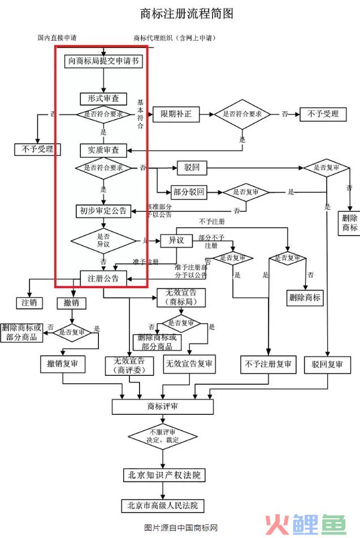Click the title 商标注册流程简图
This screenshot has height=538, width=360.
point(186,13)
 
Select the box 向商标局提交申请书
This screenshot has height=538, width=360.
point(103,61)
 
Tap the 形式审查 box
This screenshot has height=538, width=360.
point(103,98)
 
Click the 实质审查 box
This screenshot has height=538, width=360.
point(103,150)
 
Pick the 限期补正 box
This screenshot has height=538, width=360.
point(176,114)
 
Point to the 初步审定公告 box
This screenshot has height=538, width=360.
point(103,211)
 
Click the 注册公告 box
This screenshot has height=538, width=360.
point(103,278)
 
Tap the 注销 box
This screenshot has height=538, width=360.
point(29,302)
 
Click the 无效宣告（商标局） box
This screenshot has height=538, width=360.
point(181,298)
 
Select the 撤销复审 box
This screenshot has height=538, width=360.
point(63,365)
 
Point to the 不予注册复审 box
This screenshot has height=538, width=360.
point(268,365)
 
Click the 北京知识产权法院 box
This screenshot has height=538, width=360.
point(163,475)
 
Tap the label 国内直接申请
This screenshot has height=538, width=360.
point(58,38)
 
